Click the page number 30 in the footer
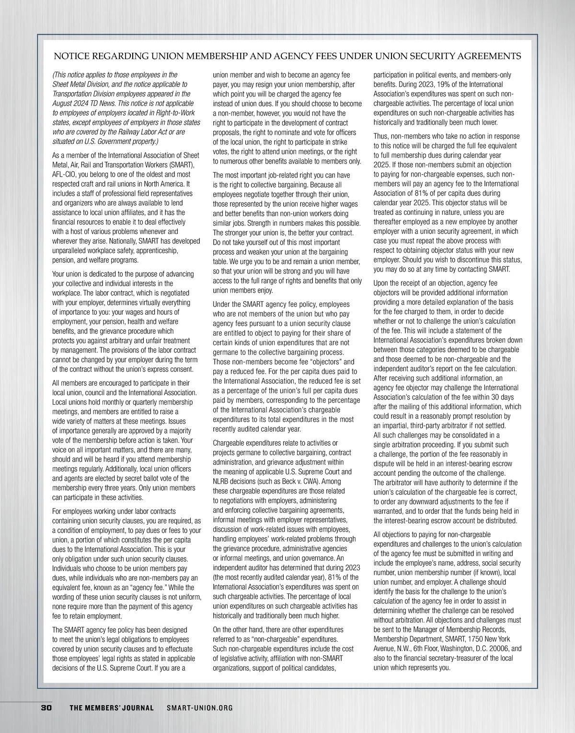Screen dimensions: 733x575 pyautogui.click(x=46, y=708)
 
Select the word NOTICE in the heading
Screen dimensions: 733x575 pyautogui.click(x=70, y=56)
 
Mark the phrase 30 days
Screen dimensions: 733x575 pyautogui.click(x=504, y=397)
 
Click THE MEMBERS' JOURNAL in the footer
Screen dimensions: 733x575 pyautogui.click(x=112, y=708)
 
